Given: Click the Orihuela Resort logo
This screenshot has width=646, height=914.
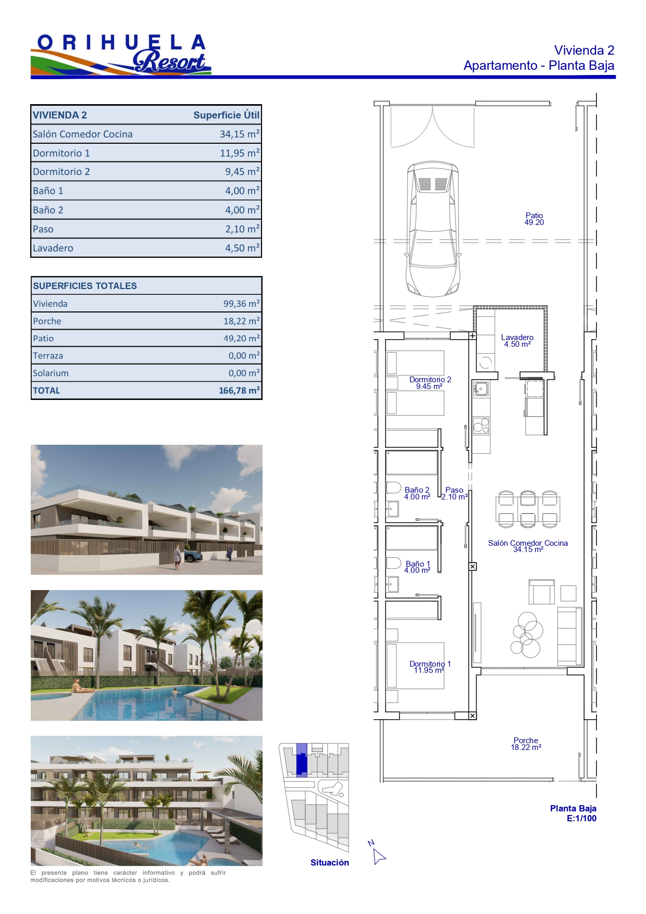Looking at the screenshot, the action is (121, 55).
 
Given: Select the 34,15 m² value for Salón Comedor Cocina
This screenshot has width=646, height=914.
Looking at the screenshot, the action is (239, 134).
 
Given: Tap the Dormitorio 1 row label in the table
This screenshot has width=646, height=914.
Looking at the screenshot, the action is (61, 153).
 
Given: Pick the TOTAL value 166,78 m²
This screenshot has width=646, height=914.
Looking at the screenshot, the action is (239, 390).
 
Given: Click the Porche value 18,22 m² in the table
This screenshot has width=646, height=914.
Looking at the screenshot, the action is (241, 321).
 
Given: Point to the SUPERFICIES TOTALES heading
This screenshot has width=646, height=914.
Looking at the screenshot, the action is (85, 286).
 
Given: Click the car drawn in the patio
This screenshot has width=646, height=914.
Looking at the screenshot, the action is (433, 229).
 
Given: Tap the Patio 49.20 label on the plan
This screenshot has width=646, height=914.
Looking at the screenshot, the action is (534, 219).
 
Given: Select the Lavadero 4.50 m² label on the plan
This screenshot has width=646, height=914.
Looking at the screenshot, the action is (517, 341).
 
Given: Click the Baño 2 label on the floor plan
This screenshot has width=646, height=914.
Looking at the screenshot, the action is (417, 493).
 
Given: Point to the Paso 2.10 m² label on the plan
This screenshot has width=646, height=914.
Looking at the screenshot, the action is (454, 493).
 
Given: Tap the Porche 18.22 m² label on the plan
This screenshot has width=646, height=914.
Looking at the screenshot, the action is (526, 744).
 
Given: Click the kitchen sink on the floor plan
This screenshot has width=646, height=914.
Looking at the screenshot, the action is (480, 389).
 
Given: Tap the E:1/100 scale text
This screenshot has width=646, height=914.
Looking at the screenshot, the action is (581, 818).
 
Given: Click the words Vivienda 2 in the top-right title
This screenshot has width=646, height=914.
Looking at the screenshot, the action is (584, 51).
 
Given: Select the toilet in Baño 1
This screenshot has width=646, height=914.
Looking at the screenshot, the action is (393, 562).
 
